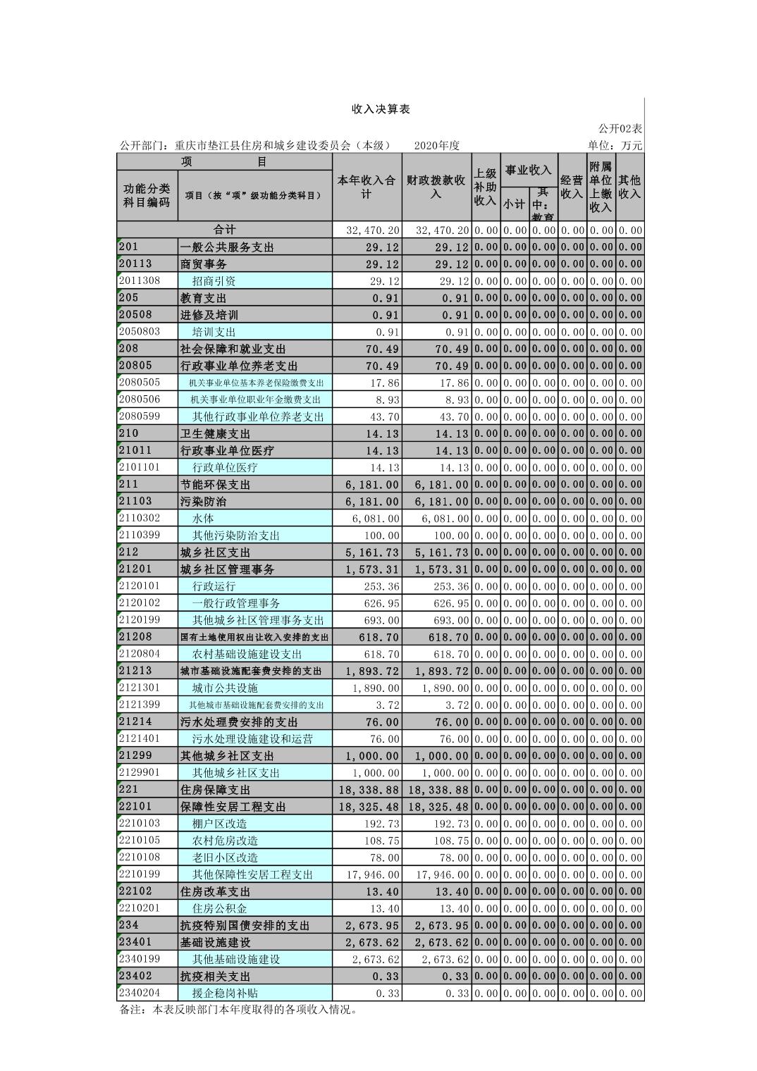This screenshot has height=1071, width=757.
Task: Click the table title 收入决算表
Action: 381,109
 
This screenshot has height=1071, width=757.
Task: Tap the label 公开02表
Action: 620,128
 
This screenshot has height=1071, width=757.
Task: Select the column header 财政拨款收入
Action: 436,187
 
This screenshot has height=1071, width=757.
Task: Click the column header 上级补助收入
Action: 485,187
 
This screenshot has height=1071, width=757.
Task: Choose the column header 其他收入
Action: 629,187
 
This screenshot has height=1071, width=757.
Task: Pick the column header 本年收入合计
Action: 367,187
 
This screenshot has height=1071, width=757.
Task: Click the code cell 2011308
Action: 140,280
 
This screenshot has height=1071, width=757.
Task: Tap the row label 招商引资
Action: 214,281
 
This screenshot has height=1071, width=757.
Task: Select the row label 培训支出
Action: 214,332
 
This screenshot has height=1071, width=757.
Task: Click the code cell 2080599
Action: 140,416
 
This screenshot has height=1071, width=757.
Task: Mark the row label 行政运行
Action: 214,586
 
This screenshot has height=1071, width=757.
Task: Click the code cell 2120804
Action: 140,654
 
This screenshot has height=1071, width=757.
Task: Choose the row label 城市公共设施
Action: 225,688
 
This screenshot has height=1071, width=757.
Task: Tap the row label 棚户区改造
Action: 220,824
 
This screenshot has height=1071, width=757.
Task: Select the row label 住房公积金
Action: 220,908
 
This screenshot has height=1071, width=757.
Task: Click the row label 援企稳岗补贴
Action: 225,993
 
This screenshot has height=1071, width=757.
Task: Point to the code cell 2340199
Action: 140,959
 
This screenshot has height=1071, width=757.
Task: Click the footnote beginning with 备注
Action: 238,1010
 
